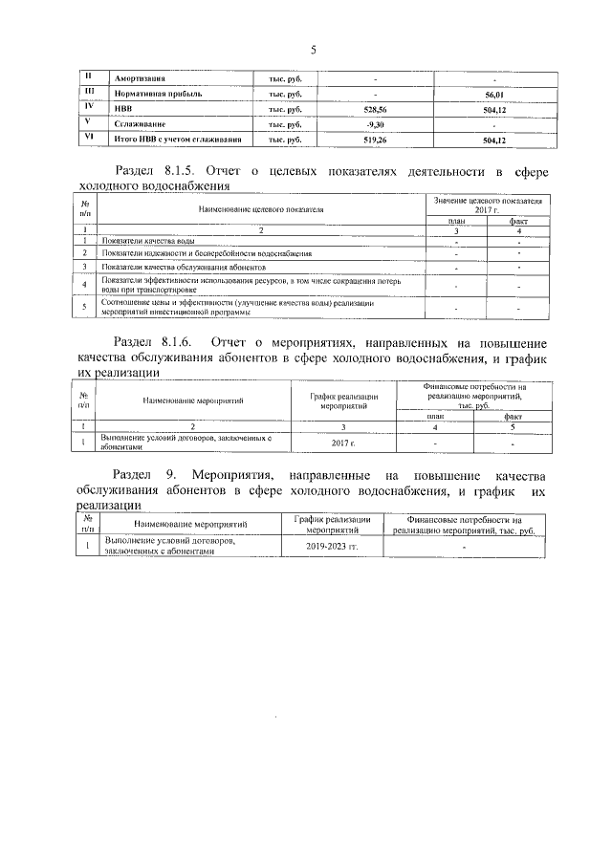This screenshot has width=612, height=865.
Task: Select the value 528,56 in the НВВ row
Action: (376, 109)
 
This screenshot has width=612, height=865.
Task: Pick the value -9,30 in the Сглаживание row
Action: (376, 124)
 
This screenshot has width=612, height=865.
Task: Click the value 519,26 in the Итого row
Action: (376, 140)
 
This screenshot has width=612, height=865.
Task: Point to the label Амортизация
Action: (141, 78)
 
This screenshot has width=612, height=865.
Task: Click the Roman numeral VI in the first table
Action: (88, 138)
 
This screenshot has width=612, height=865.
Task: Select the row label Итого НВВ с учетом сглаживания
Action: (177, 140)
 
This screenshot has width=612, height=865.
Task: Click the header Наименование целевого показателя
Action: (262, 208)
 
